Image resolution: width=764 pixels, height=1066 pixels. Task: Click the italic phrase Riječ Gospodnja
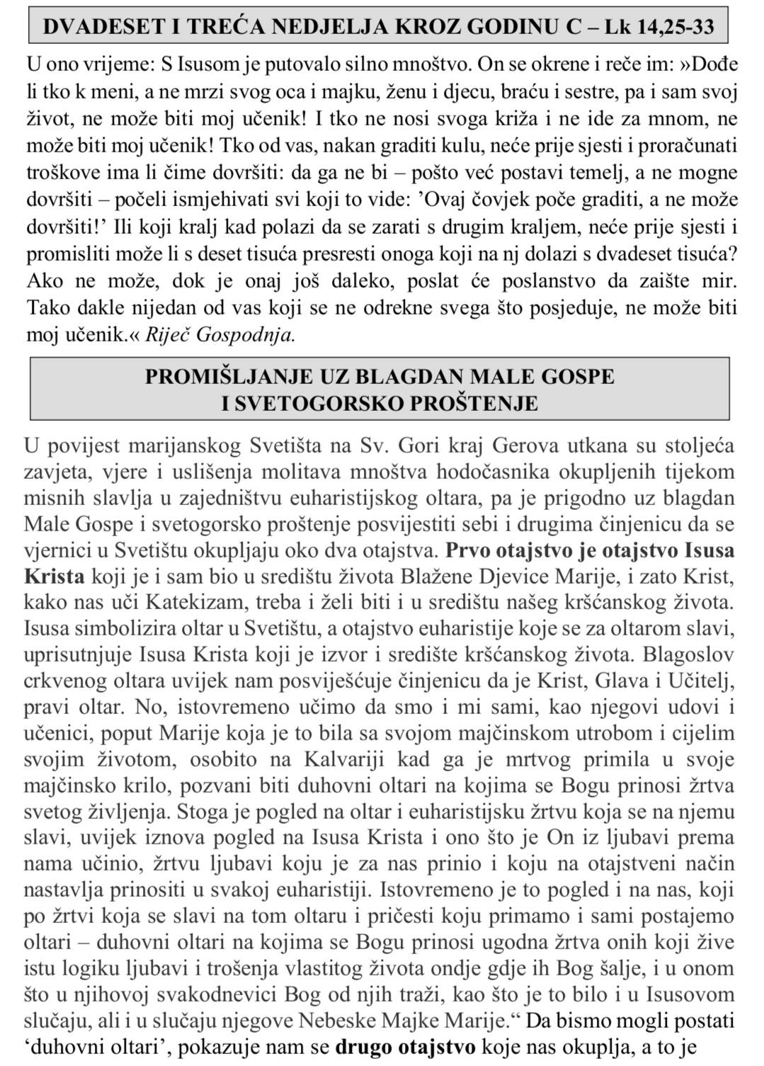point(220,335)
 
